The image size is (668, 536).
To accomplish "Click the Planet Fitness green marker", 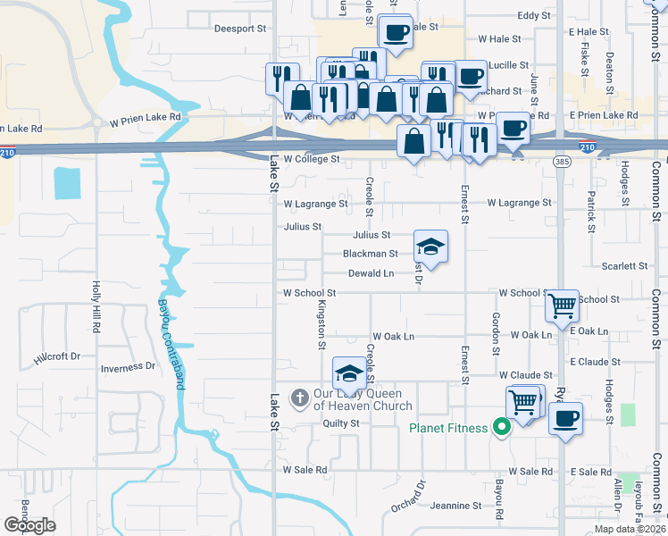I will coord(501,428).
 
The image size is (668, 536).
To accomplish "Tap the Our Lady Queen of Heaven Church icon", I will coord(301,396).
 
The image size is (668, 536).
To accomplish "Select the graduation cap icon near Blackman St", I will coord(430,247).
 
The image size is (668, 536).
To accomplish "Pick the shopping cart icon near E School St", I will coord(563,306).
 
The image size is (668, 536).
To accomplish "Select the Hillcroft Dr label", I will coord(57,356).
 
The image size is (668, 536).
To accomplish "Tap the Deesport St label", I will coord(240,29).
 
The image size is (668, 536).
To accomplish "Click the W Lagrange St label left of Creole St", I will coord(315,204).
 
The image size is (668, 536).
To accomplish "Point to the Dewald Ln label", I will coord(371,273).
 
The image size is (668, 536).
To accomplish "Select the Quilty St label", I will coord(340,423).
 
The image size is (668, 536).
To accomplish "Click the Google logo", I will coord(29,525).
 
